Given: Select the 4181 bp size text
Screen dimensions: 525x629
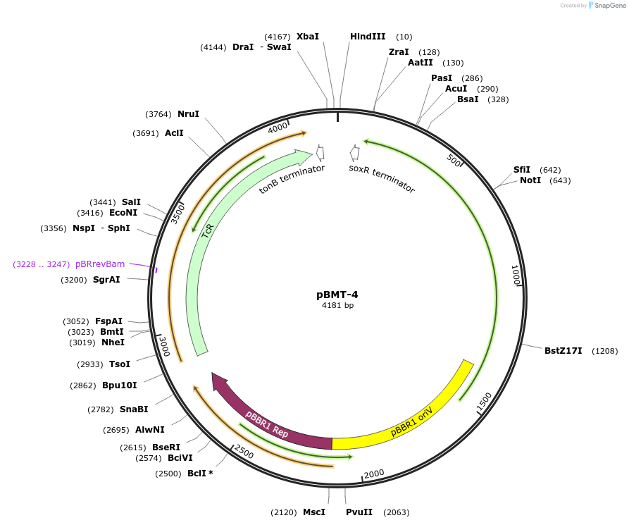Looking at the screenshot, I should tap(338, 305).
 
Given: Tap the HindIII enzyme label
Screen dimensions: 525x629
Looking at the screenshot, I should tap(368, 37).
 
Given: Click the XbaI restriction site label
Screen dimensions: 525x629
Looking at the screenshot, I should tap(307, 37).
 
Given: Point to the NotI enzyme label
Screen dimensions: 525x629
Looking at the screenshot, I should tap(530, 180).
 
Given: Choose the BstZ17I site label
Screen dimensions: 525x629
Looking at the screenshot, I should tap(563, 350).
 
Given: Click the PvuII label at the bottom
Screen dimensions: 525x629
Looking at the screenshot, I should tap(359, 512).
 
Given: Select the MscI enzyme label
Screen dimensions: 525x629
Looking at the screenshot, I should tap(314, 512).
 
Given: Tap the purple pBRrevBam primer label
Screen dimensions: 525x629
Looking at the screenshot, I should tap(100, 264).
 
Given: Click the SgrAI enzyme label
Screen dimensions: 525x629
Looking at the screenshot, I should tap(106, 280).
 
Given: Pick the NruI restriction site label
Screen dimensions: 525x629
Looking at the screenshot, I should tap(188, 114).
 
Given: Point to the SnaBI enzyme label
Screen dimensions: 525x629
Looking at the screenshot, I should tap(133, 409).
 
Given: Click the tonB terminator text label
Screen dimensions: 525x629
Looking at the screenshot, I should tap(292, 179).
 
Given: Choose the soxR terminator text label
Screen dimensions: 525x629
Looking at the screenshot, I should tap(382, 178).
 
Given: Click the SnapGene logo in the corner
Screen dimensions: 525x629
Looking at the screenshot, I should tap(609, 6).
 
